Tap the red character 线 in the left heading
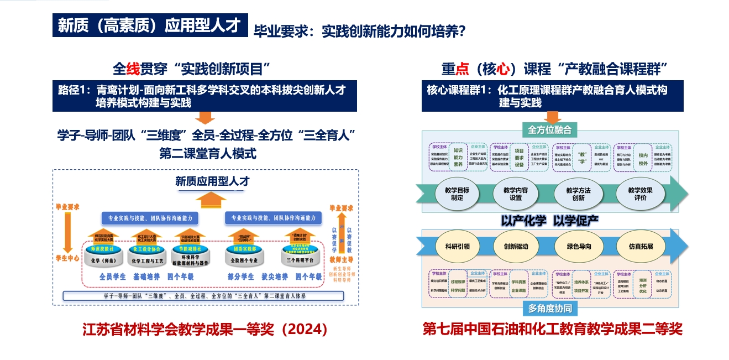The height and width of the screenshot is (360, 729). [133, 69]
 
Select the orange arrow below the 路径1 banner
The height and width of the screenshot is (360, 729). [205, 117]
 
